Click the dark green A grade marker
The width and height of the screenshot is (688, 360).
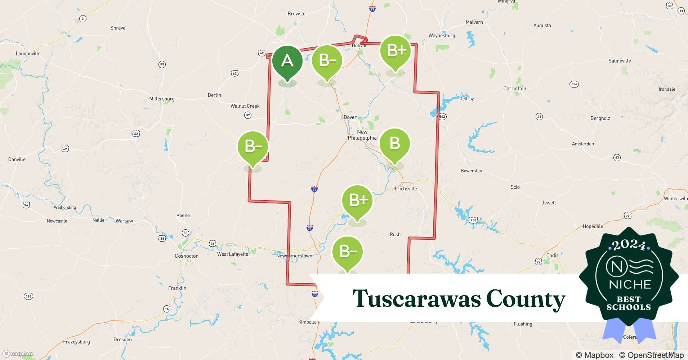tap(287, 61)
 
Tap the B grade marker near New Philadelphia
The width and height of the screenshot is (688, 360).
tap(395, 144)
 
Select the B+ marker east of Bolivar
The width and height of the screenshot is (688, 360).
tap(396, 51)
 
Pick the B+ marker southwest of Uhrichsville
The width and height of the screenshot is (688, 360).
tap(357, 200)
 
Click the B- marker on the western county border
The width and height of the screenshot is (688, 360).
tap(253, 147)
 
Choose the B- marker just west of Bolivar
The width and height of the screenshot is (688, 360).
tap(327, 60)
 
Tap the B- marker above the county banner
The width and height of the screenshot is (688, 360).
tap(348, 251)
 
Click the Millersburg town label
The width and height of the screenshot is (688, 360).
tap(162, 99)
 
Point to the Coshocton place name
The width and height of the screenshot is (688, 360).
tap(187, 256)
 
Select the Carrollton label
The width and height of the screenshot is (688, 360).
tap(514, 89)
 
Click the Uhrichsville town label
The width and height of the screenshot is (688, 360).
tap(404, 189)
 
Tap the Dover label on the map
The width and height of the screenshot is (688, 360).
tap(350, 117)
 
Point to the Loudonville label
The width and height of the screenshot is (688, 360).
tap(28, 54)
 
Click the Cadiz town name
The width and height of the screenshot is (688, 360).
tap(552, 256)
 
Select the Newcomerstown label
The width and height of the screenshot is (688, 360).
tap(294, 256)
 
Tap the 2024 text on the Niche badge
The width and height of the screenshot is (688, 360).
tap(629, 245)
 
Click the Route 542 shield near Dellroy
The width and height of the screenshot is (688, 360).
tap(442, 116)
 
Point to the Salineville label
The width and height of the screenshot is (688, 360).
tap(620, 61)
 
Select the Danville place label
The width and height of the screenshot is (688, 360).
tap(17, 159)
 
